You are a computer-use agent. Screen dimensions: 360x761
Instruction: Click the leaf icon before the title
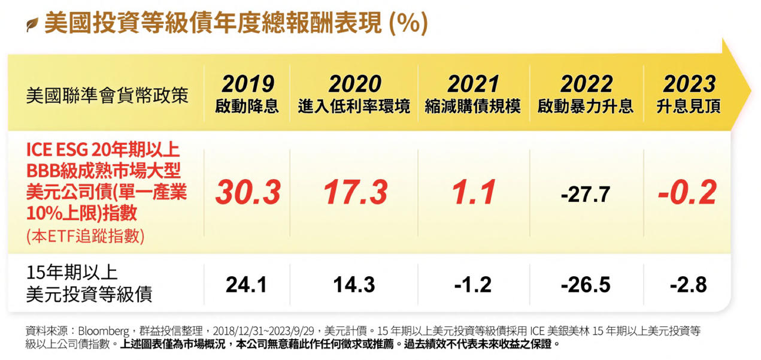click(x=32, y=25)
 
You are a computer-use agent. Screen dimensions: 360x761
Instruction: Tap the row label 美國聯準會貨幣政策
click(x=107, y=96)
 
